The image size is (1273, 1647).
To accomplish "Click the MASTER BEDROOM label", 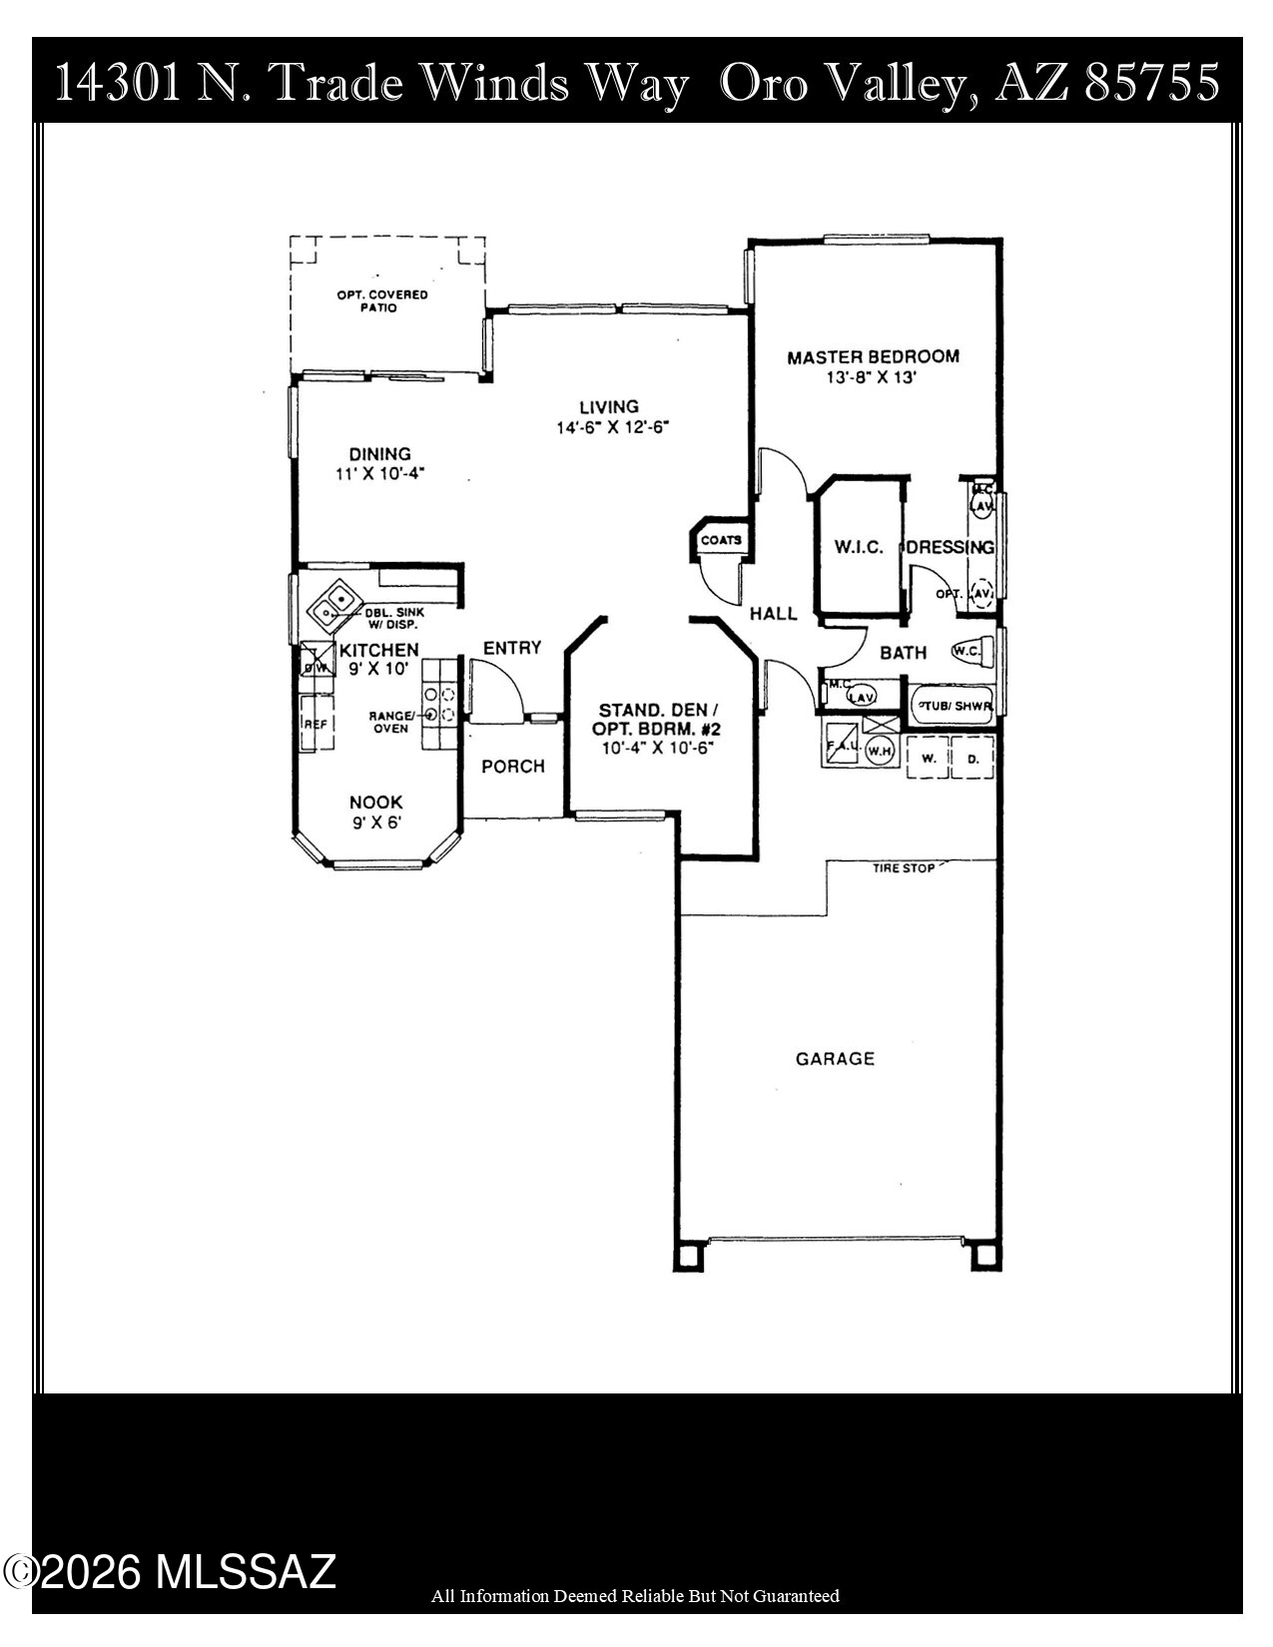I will pyautogui.click(x=873, y=357).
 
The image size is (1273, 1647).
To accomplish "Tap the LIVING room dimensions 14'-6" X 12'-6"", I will pyautogui.click(x=611, y=427).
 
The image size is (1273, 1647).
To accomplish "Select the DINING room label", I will pyautogui.click(x=379, y=454).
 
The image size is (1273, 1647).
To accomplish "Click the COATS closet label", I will pyautogui.click(x=721, y=540).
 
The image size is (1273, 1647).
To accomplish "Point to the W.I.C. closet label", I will pyautogui.click(x=859, y=547).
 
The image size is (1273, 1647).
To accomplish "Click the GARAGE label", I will pyautogui.click(x=835, y=1058).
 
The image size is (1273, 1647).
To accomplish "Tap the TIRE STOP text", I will pyautogui.click(x=904, y=868).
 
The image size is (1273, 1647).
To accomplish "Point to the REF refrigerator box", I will pyautogui.click(x=316, y=726).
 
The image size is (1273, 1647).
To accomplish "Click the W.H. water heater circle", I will pyautogui.click(x=879, y=751).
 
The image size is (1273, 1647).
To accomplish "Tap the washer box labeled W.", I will pyautogui.click(x=928, y=759).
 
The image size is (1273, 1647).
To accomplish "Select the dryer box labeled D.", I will pyautogui.click(x=973, y=759).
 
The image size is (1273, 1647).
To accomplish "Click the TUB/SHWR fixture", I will pyautogui.click(x=954, y=706).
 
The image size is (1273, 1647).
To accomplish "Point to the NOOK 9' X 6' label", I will pyautogui.click(x=376, y=813).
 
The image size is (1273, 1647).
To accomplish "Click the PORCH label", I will pyautogui.click(x=513, y=767).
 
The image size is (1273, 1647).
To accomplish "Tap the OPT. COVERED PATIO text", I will pyautogui.click(x=381, y=300).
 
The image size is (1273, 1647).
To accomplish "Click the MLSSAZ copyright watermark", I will pyautogui.click(x=170, y=1573).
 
